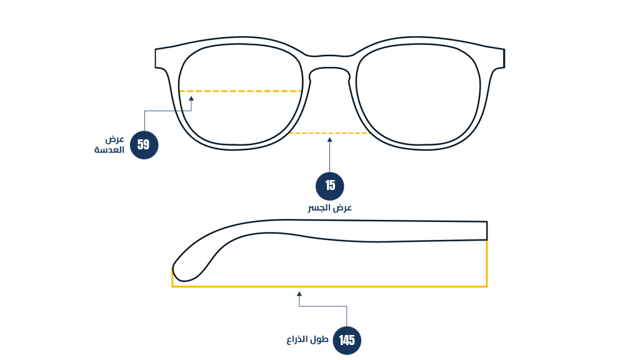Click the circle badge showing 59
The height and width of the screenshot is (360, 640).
coord(144,145)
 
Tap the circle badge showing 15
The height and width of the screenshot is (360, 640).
coord(330,186)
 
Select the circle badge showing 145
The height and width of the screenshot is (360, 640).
coord(347,341)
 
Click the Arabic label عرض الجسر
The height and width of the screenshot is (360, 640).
coord(330,208)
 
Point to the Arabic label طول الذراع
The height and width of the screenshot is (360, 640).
coord(307,339)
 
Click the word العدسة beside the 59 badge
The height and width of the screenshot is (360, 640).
coord(109,150)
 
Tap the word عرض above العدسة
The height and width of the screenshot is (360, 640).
coord(115,139)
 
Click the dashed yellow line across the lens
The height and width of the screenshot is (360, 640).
coord(240,91)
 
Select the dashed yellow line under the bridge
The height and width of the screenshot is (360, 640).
coord(329,133)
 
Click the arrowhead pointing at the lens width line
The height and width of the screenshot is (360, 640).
coord(191,98)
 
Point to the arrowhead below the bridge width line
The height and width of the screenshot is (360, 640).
coord(330,140)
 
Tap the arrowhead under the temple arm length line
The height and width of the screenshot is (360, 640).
coord(299,294)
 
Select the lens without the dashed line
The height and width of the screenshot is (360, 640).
coord(418,94)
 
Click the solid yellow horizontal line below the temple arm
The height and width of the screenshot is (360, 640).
coord(329,286)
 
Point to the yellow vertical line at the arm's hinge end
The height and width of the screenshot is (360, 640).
coord(487,264)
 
